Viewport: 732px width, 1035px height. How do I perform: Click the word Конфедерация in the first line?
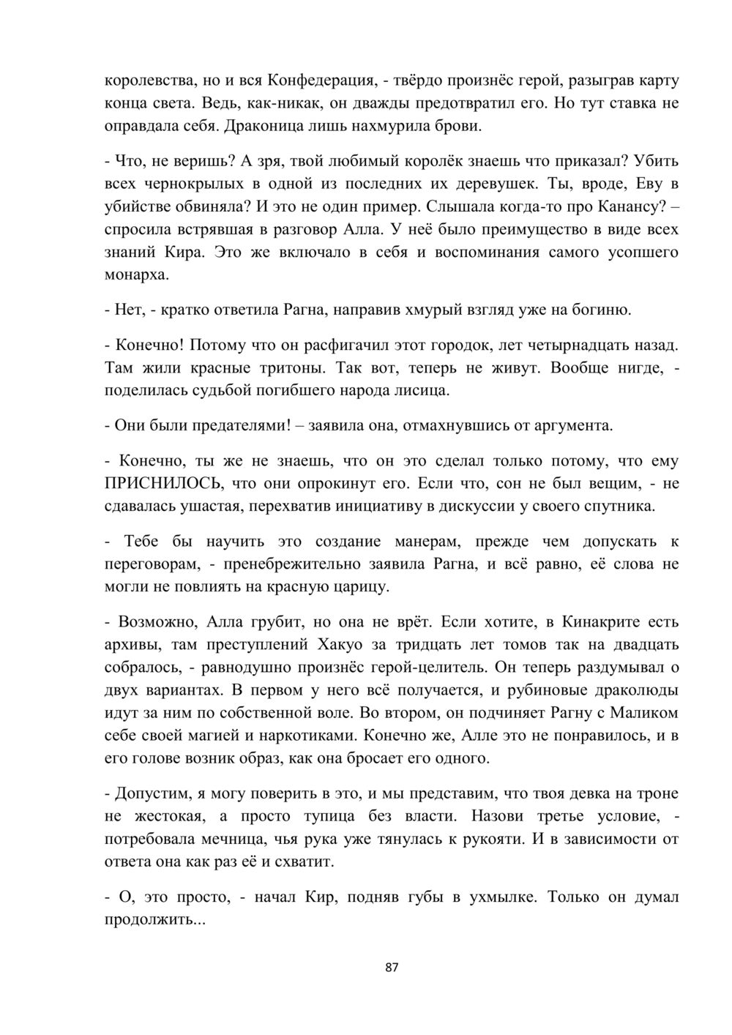pyautogui.click(x=320, y=80)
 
